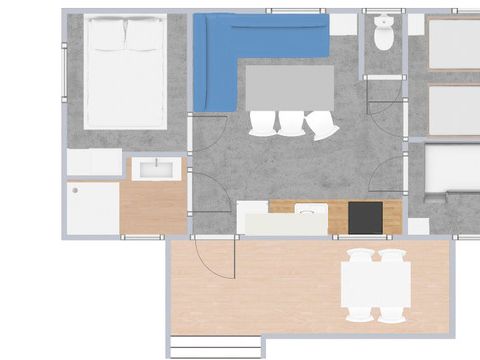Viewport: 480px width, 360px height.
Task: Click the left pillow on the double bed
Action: (106, 36)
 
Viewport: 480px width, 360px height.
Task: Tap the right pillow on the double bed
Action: (144, 36)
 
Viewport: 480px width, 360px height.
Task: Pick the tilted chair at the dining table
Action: (323, 126)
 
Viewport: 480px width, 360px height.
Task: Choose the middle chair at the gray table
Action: (291, 122)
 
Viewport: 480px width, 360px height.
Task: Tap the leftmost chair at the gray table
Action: (262, 122)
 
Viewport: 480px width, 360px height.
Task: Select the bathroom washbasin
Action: (157, 169)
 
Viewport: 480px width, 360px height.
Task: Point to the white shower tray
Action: (93, 209)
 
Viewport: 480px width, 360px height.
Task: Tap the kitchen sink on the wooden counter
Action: (310, 210)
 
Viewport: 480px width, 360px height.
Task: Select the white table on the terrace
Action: (376, 285)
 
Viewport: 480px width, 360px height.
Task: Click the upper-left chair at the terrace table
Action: (359, 257)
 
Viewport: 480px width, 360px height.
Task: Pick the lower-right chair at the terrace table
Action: (393, 314)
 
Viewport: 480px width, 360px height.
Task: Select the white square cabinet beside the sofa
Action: (343, 23)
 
